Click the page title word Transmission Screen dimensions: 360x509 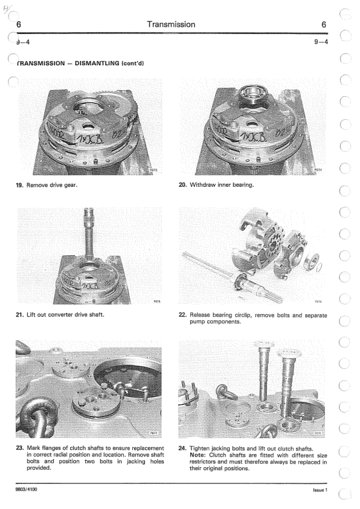coord(171,24)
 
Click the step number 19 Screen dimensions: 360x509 coord(19,186)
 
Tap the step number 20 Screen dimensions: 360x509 coord(182,185)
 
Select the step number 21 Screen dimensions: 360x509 coord(19,314)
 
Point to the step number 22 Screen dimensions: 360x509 coord(182,315)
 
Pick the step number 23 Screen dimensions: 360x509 coord(20,449)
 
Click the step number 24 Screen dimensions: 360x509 coord(182,449)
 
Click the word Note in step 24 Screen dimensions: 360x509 coord(198,455)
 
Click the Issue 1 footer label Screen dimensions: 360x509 coord(320,490)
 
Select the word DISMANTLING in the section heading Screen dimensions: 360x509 coord(97,63)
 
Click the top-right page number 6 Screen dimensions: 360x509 coord(324,25)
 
